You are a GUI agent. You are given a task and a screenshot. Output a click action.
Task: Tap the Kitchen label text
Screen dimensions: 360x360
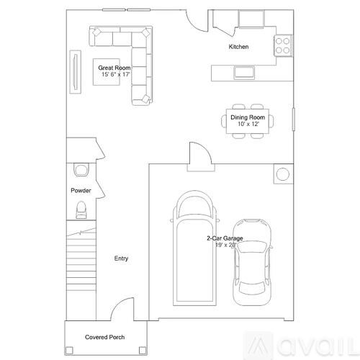tap(238, 47)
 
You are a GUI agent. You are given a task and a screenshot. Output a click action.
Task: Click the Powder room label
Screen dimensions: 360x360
tap(80, 191)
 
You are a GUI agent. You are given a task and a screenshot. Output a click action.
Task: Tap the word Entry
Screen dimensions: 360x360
tap(122, 258)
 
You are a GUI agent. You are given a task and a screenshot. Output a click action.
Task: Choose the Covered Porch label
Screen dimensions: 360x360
tap(105, 337)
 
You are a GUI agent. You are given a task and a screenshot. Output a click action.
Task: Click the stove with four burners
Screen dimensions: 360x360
tap(282, 46)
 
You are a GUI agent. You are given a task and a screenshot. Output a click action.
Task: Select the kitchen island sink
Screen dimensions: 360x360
tap(243, 71)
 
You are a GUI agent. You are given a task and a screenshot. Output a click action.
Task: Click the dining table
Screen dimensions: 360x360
tap(248, 121)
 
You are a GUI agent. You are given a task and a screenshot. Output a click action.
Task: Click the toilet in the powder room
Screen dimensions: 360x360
tap(81, 210)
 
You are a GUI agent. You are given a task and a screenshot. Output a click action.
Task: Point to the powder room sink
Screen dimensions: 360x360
tap(80, 171)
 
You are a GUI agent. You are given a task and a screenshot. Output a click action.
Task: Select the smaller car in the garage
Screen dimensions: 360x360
tap(252, 256)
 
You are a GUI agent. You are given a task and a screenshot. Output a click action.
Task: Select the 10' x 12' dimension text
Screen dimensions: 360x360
tap(248, 124)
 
